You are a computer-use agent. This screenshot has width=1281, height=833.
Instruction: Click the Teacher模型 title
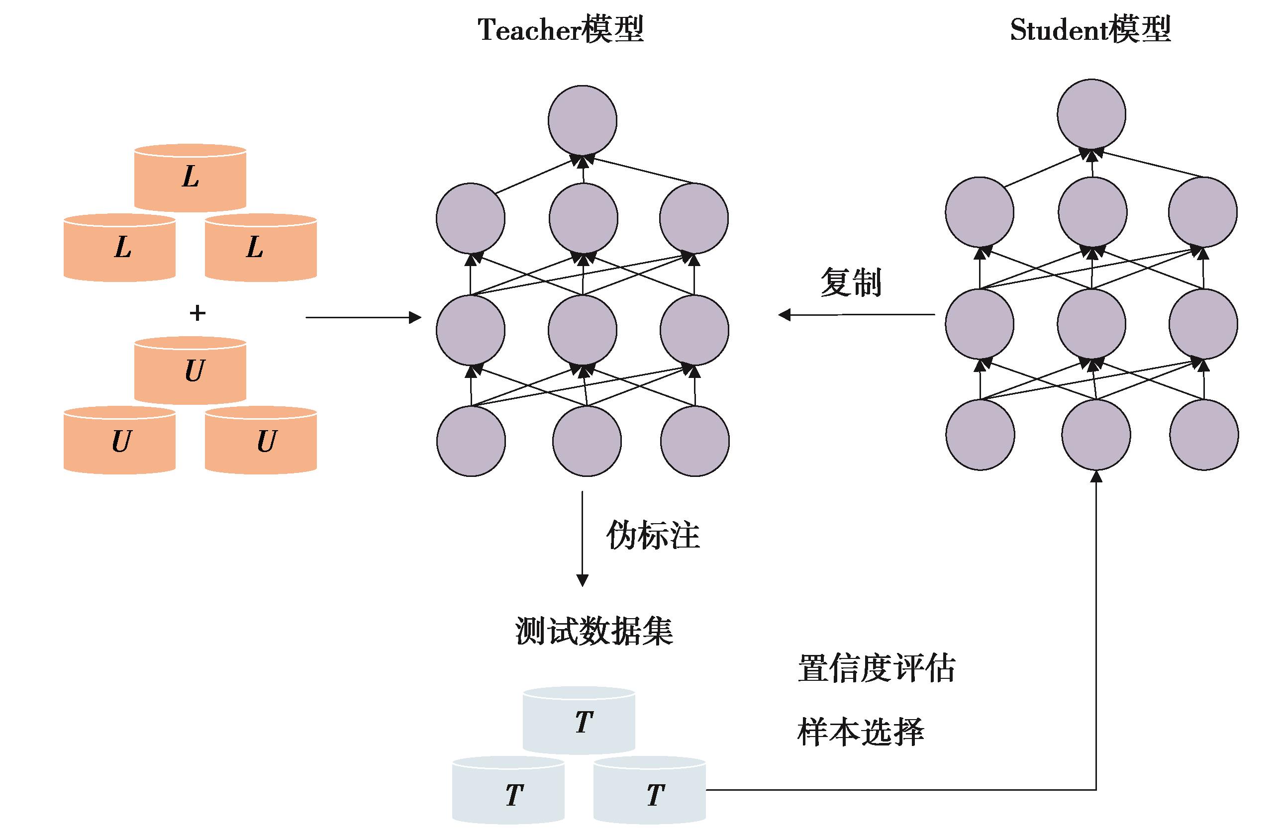tap(560, 30)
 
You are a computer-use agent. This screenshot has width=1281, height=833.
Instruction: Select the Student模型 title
tap(1090, 30)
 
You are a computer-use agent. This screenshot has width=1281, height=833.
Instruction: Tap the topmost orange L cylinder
tap(190, 178)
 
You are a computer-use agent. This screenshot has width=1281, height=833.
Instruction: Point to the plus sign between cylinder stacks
tap(197, 313)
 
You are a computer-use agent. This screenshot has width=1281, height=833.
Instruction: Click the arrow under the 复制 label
tap(856, 314)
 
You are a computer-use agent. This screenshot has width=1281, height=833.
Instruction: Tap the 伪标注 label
tap(653, 536)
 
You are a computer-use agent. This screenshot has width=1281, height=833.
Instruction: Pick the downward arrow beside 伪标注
tap(582, 538)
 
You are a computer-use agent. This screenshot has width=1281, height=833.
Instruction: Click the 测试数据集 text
tap(594, 630)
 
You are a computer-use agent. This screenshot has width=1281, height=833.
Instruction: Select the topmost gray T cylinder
tap(579, 721)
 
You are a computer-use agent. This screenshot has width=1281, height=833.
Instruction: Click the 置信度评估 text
tap(876, 668)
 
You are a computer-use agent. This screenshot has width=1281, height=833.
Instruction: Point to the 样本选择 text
tap(860, 732)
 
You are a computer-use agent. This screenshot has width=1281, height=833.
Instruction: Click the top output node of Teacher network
tap(583, 120)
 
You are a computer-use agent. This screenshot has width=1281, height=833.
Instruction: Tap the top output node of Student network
tap(1091, 114)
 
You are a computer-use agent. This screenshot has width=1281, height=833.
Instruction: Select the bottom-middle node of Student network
tap(1096, 435)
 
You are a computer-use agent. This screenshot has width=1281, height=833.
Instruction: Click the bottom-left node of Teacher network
tap(471, 441)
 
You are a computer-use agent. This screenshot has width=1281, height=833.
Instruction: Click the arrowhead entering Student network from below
tap(1096, 477)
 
